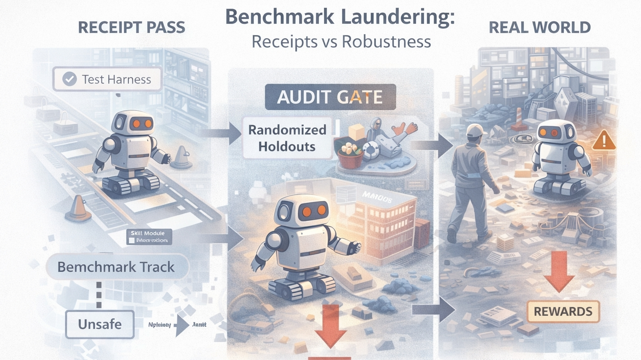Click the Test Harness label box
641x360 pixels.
(107, 79)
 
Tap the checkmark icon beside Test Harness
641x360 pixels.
(69, 79)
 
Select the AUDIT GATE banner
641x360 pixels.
(330, 97)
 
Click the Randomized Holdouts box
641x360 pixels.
(287, 138)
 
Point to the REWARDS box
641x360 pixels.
(563, 312)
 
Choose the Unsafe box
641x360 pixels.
(100, 324)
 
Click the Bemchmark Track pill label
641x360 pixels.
(116, 267)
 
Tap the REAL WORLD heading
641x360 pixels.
(540, 28)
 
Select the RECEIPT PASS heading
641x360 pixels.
(131, 28)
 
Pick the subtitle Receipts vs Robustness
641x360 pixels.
(341, 42)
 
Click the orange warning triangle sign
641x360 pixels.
(603, 141)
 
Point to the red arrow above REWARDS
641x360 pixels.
(559, 271)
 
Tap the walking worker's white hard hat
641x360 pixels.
(476, 130)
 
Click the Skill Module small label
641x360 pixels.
(149, 237)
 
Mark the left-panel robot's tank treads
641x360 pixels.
(130, 183)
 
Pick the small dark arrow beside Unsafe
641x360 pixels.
(182, 325)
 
